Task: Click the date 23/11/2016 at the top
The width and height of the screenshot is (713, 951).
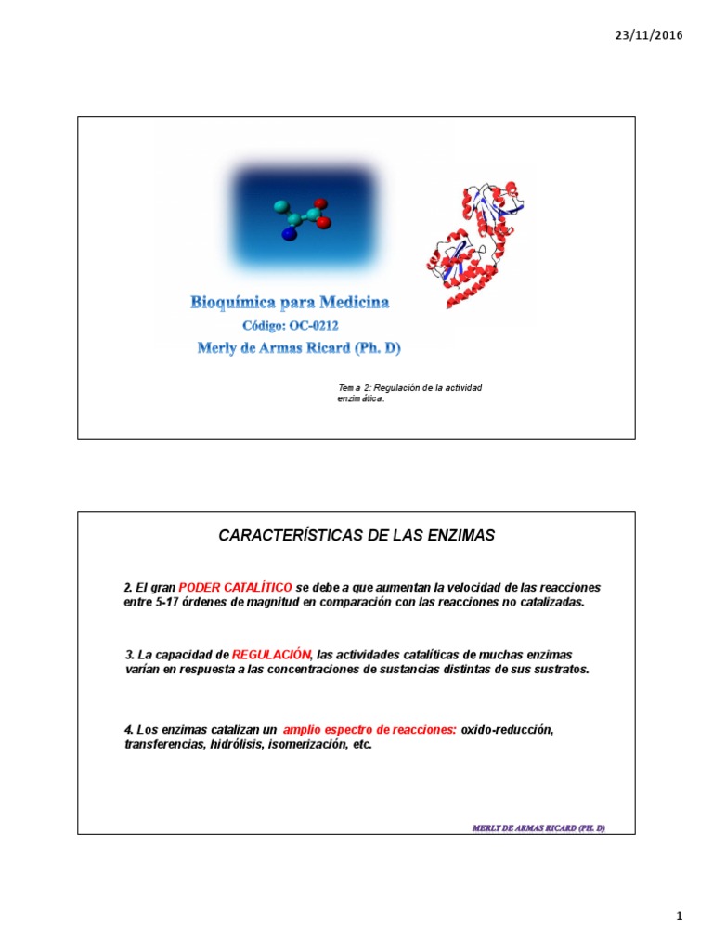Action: (x=649, y=35)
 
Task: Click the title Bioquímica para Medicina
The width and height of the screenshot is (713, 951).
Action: (x=290, y=302)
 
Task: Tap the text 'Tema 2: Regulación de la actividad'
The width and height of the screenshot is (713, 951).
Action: (x=409, y=387)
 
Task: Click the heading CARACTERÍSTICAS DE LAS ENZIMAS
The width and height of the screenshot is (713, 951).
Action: (x=356, y=536)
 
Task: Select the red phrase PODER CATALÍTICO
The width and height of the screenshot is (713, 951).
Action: (x=235, y=588)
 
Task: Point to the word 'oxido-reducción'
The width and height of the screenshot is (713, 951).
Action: (x=507, y=730)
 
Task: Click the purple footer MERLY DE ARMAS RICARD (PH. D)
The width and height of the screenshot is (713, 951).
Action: (x=538, y=827)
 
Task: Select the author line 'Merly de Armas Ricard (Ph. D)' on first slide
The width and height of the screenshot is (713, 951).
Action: (x=299, y=348)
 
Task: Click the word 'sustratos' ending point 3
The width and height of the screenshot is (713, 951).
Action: (x=561, y=670)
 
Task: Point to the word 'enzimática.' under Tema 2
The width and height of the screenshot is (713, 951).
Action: (x=360, y=399)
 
